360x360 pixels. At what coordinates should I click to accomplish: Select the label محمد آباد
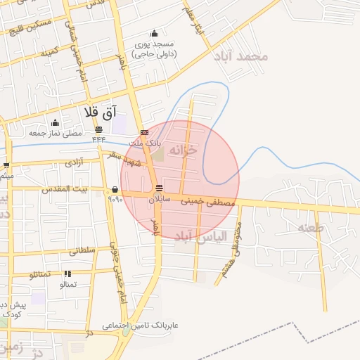243,56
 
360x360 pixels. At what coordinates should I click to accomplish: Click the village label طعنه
310,227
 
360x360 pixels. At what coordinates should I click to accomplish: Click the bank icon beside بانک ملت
144,132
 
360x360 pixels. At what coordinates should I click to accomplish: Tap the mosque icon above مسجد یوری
154,33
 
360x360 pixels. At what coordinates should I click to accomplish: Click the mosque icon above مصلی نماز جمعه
55,123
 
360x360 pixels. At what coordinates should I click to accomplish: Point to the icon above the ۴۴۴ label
98,129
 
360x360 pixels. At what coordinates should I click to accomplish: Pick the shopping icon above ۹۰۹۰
115,188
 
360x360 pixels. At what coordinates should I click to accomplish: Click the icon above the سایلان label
160,188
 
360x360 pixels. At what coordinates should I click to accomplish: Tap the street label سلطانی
82,250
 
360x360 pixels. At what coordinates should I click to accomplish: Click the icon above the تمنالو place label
67,274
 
